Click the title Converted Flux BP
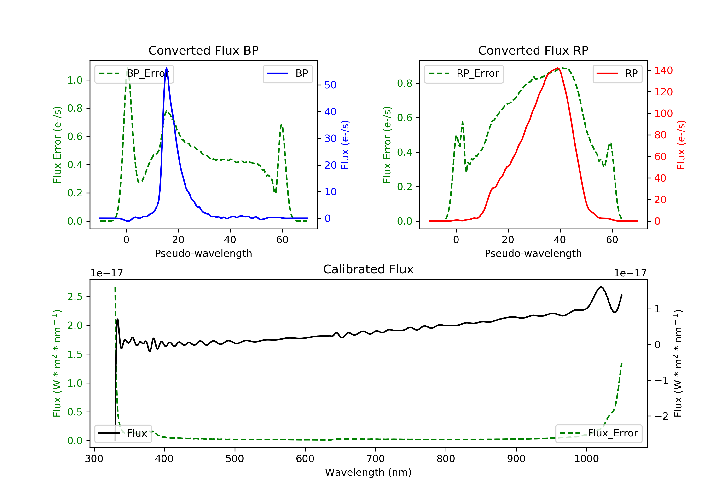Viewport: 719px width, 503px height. coord(203,50)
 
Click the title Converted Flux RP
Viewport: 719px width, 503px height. coord(533,50)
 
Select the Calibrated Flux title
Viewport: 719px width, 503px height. coord(368,269)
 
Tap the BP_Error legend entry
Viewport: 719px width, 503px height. coord(134,74)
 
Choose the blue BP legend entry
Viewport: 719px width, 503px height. coord(287,74)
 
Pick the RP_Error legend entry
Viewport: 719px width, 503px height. coord(464,74)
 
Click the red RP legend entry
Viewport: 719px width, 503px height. coord(617,74)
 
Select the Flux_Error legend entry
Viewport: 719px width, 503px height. coord(598,433)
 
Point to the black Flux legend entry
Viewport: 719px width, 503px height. coord(123,433)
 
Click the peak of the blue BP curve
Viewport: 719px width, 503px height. coord(166,68)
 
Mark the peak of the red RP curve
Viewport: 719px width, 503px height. coord(558,68)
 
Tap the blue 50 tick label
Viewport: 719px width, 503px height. coord(330,85)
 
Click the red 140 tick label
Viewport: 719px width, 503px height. coord(664,70)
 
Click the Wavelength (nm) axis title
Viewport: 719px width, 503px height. coord(368,472)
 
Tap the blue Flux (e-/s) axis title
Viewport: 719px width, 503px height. coord(345,145)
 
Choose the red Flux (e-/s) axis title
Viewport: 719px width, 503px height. coord(681,145)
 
